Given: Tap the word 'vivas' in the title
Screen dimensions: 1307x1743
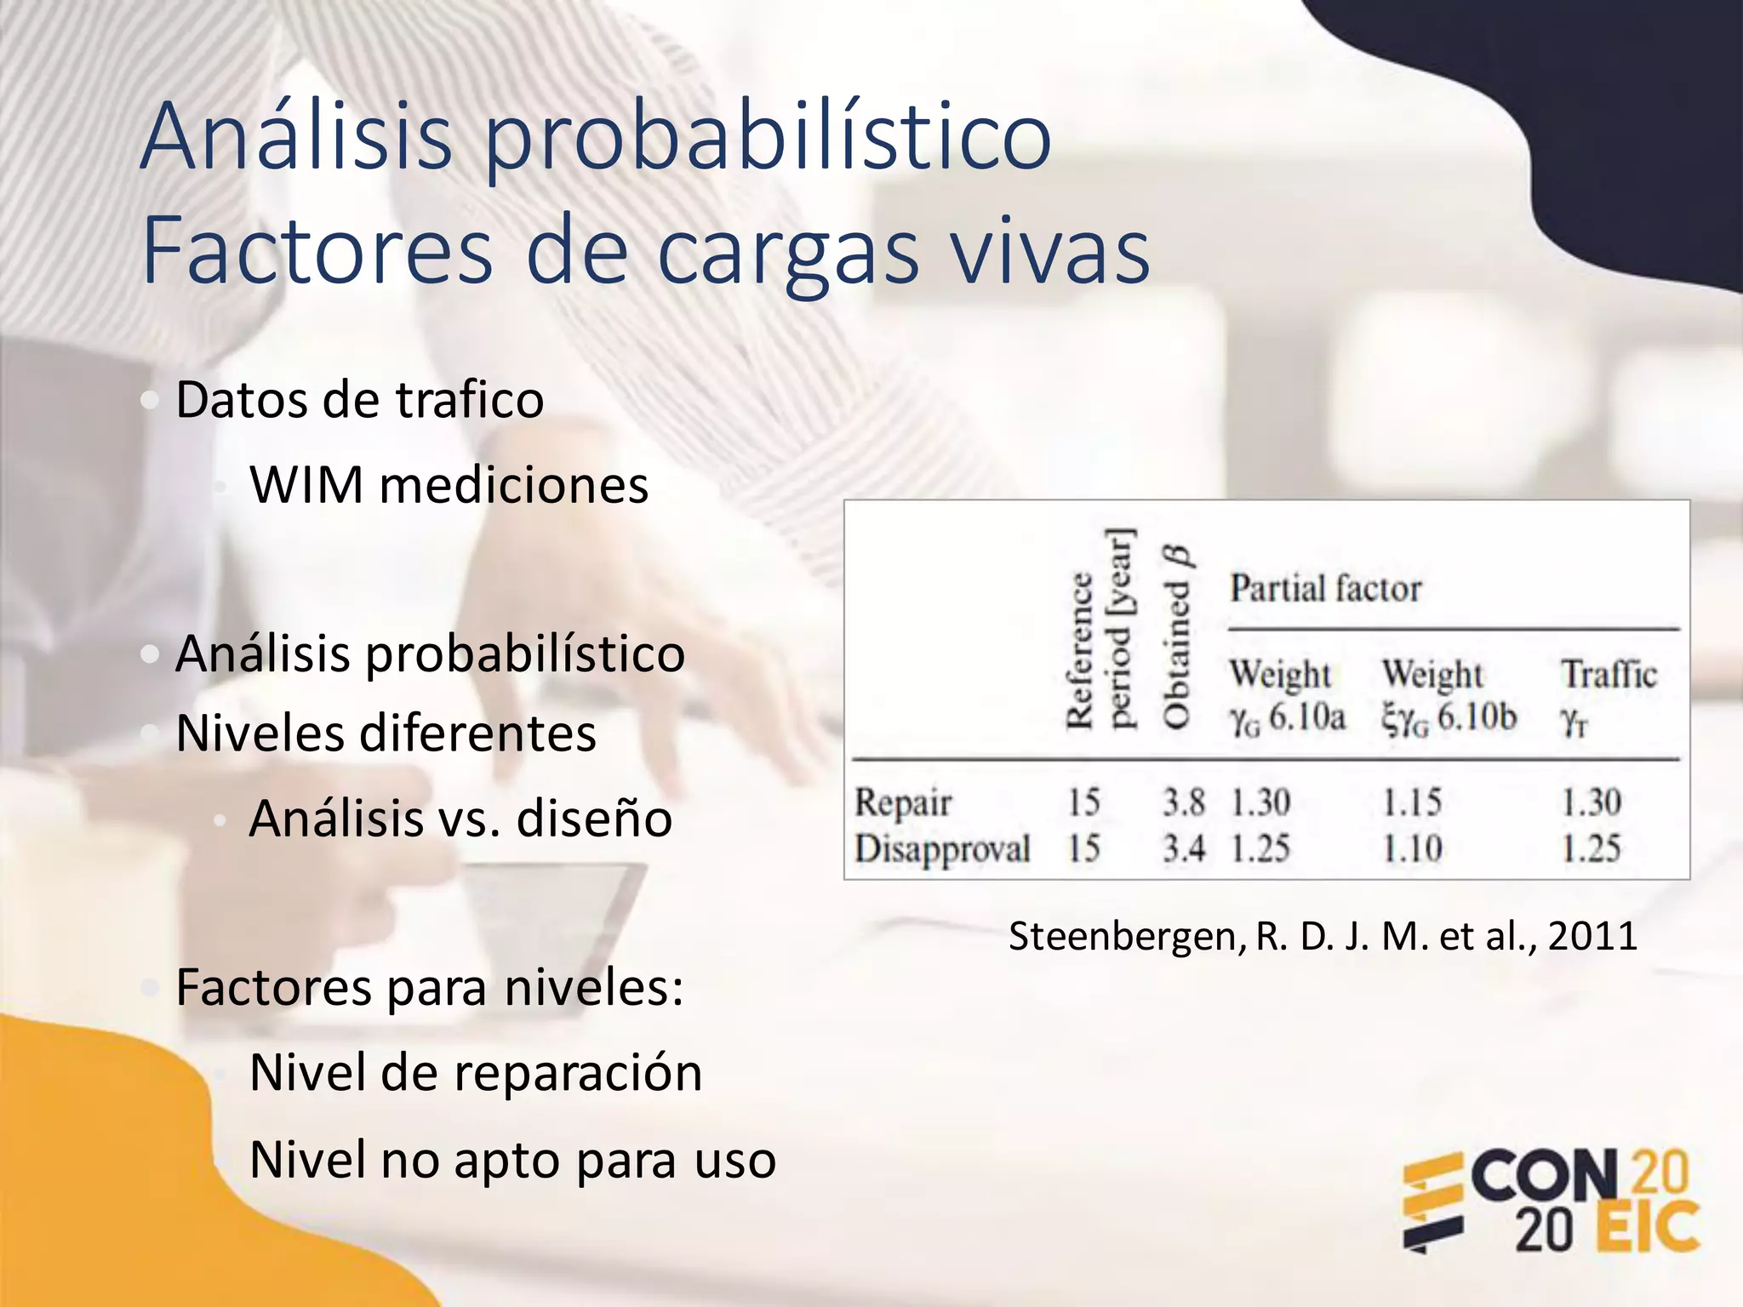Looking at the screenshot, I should click(1049, 251).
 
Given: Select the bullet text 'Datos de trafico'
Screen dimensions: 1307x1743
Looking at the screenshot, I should click(359, 399).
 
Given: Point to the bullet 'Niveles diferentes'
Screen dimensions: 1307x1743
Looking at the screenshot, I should click(386, 733).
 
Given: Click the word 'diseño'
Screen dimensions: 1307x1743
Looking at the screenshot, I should click(594, 819).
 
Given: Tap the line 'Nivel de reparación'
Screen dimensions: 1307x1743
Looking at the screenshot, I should click(475, 1072).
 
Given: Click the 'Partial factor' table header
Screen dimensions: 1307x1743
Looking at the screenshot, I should click(1325, 588).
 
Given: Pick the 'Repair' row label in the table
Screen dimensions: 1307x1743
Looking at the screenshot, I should click(903, 802).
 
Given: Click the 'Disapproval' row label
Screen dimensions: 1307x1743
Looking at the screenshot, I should click(942, 848).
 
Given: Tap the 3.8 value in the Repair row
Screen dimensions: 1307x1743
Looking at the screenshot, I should click(1184, 802).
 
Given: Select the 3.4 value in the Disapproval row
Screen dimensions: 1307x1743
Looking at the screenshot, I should click(1184, 848).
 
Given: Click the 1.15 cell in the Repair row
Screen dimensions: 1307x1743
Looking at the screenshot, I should click(1412, 802).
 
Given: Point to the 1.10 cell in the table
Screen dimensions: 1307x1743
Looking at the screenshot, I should click(1412, 848).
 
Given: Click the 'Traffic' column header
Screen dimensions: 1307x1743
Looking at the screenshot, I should click(1609, 675).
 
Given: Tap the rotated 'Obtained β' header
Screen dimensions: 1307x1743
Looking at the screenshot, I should click(1176, 638).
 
